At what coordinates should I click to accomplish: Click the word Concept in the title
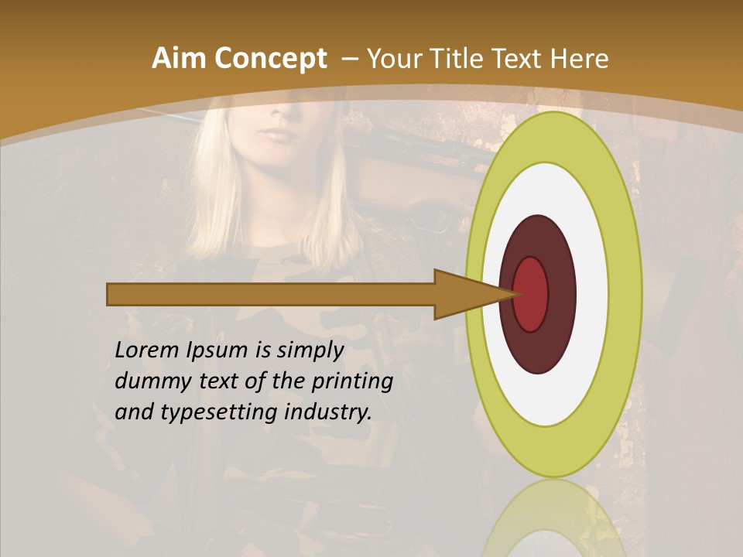click(x=269, y=58)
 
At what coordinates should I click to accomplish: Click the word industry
click(x=325, y=412)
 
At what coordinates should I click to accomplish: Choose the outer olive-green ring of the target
click(x=625, y=294)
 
